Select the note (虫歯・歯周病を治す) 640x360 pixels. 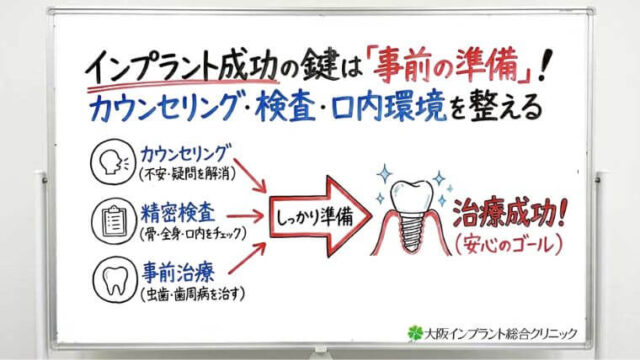[x=194, y=291]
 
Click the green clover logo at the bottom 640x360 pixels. [x=416, y=332]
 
